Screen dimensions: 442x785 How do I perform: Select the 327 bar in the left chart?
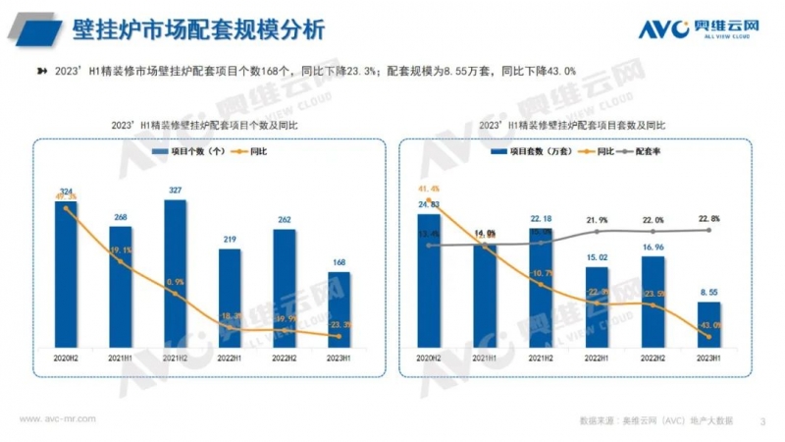176,275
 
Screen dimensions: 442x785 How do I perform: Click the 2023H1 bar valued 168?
339,310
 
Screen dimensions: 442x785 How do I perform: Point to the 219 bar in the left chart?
230,300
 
